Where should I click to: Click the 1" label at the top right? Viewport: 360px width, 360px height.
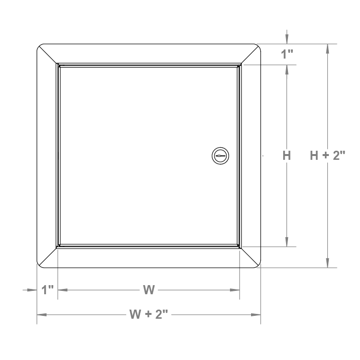(x=287, y=54)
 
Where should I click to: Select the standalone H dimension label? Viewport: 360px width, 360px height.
(x=287, y=156)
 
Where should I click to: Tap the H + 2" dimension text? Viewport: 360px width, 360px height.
(x=327, y=156)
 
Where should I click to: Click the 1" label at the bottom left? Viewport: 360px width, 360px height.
(x=47, y=290)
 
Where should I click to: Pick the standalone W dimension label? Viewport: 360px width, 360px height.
(x=149, y=290)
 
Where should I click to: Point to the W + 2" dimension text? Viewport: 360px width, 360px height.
(x=149, y=314)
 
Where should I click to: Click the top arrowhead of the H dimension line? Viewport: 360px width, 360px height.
(x=287, y=69)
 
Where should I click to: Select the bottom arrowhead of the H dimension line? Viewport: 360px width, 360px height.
(x=287, y=242)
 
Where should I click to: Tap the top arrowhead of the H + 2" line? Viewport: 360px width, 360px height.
(x=327, y=48)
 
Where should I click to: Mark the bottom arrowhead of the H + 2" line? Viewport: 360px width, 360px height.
(x=327, y=263)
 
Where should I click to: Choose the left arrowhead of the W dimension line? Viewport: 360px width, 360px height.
(x=62, y=290)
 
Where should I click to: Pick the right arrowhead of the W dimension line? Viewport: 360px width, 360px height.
(x=235, y=290)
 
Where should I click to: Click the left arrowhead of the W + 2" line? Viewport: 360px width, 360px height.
(x=42, y=314)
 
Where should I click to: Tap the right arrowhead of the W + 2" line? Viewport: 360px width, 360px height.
(x=256, y=314)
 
